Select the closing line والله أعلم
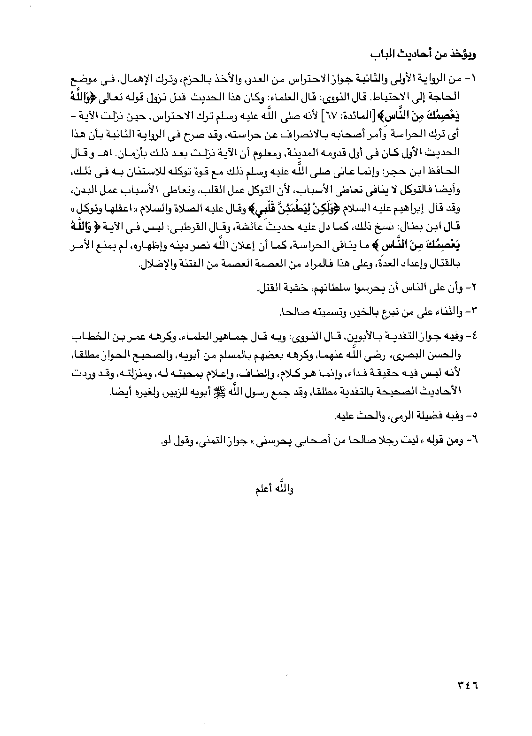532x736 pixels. [273, 489]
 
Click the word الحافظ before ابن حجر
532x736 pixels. [445, 172]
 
